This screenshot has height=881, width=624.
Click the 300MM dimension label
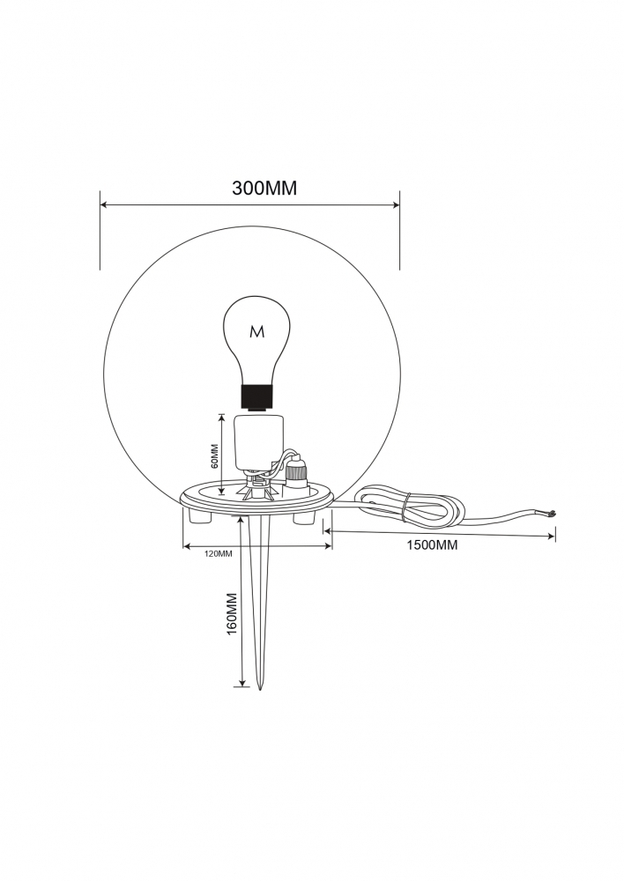click(x=264, y=189)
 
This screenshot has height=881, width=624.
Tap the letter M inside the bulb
click(x=256, y=332)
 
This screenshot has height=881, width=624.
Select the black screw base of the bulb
click(x=257, y=396)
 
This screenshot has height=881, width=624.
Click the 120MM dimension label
click(x=218, y=553)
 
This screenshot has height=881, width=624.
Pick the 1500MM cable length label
click(x=432, y=545)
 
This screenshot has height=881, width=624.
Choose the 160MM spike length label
click(x=231, y=614)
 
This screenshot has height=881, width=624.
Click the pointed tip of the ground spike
click(x=259, y=690)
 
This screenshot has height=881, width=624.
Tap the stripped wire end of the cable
click(x=552, y=513)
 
